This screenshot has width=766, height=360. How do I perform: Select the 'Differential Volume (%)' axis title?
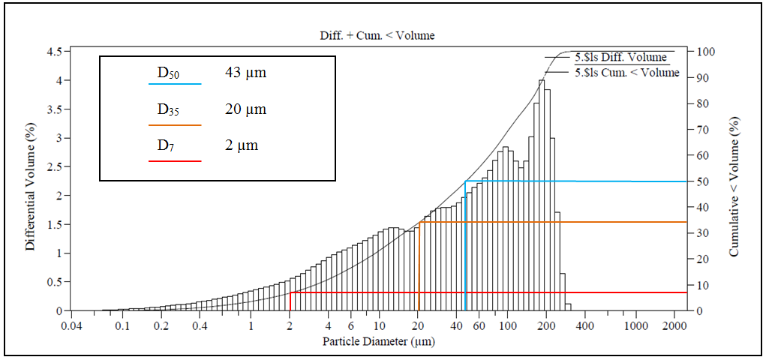click(x=30, y=181)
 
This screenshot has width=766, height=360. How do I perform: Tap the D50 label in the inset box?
click(x=168, y=73)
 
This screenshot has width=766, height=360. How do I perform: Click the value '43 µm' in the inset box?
click(x=245, y=73)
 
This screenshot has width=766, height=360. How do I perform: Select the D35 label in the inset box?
click(x=168, y=111)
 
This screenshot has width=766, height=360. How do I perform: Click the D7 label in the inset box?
click(x=166, y=146)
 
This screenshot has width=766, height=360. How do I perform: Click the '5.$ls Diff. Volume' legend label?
click(x=620, y=57)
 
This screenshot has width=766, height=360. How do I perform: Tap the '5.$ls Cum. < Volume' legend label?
click(x=626, y=73)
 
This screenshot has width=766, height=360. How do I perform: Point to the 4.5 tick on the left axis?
click(x=56, y=52)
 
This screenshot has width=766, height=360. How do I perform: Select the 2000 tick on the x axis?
click(x=674, y=326)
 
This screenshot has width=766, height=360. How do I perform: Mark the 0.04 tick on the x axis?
click(x=71, y=326)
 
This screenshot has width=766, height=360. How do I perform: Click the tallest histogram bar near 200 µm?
click(x=542, y=195)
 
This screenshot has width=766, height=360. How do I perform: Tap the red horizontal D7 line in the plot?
click(x=488, y=292)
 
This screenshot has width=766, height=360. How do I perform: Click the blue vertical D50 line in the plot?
click(x=466, y=247)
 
